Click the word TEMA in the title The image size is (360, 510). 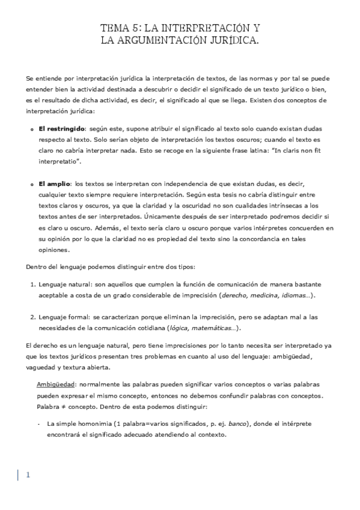[x=112, y=29]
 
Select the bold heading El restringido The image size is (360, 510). [x=61, y=129]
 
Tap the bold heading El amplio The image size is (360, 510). [x=55, y=183]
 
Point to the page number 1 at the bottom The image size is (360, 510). [x=28, y=475]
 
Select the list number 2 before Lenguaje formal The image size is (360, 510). [x=32, y=317]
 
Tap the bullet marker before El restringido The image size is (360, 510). [x=31, y=129]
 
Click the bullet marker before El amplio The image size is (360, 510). [x=31, y=183]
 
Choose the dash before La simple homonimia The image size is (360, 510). [x=38, y=424]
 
